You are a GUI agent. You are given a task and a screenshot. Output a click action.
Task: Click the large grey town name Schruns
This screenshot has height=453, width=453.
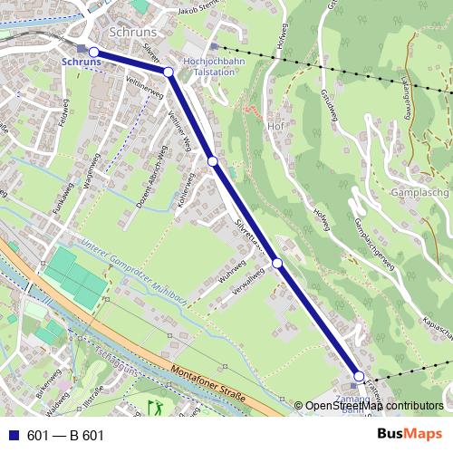tap(132, 31)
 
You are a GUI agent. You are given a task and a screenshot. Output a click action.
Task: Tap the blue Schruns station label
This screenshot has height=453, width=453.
tap(81, 62)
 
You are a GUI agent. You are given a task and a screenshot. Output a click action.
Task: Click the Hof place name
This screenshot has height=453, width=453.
tap(276, 126)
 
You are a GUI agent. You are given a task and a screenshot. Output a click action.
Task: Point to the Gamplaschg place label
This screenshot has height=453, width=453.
tap(416, 194)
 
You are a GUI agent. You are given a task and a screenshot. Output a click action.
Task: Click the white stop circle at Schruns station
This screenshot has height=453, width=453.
tap(94, 52)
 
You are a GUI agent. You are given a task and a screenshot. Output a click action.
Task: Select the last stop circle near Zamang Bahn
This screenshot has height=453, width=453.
tap(359, 376)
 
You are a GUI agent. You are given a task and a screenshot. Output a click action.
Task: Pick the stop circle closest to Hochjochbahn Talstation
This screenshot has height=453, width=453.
tap(169, 72)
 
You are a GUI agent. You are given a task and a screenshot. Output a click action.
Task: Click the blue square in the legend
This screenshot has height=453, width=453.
tap(12, 436)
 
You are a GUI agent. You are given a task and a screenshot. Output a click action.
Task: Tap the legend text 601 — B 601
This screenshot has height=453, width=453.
tap(65, 436)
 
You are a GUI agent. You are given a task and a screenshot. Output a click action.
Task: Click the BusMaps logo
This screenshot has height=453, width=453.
tap(410, 435)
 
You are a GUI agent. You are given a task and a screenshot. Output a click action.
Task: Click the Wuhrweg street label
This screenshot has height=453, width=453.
tap(233, 274)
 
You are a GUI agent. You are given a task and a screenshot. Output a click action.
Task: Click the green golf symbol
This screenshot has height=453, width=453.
tap(155, 408)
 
